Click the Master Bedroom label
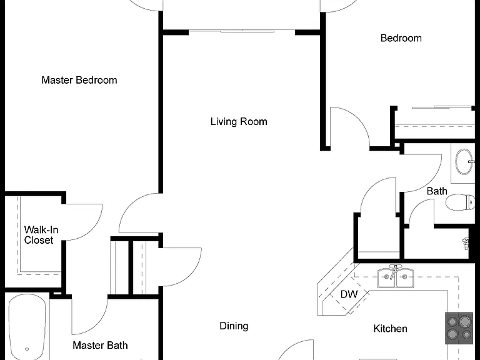tap(79, 80)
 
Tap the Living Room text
tap(239, 121)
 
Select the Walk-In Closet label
tap(41, 235)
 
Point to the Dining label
tap(234, 326)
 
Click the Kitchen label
tap(390, 329)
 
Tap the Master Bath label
tap(100, 345)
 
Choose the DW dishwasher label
tap(349, 294)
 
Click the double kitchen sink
tap(396, 277)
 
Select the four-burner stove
tap(459, 328)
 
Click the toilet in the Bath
tap(460, 202)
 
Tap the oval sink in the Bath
tap(464, 162)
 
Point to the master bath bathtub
tap(27, 327)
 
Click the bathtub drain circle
tap(27, 349)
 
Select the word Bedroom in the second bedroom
tap(401, 38)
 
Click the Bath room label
tap(437, 191)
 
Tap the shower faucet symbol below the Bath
tap(466, 243)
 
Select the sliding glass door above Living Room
tap(242, 31)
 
